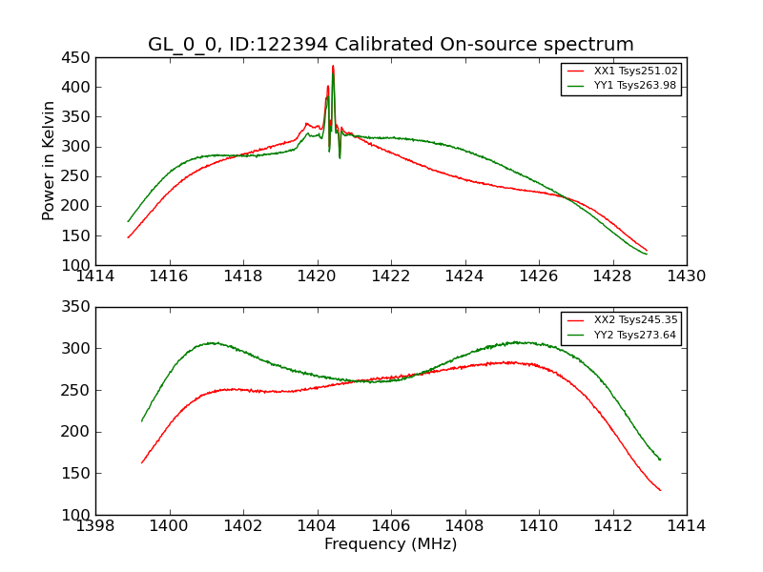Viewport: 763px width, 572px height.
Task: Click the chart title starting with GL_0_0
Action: coord(390,44)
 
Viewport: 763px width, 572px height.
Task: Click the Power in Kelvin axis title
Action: coord(50,161)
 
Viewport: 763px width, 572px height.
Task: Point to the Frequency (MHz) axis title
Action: coord(390,544)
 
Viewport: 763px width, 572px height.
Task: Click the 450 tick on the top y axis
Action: coord(78,57)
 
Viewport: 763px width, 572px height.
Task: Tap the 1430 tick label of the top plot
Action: coord(686,276)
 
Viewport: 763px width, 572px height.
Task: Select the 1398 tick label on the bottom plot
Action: coord(95,526)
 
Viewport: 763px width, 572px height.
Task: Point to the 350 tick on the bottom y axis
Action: coord(78,307)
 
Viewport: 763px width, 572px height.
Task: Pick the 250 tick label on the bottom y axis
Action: coord(78,390)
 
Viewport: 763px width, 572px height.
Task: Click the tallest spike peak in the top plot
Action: coord(333,66)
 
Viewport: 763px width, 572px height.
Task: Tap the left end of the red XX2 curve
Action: coord(142,462)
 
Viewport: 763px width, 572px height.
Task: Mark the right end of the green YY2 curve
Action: coord(659,460)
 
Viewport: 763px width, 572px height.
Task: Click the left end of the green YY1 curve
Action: coord(128,221)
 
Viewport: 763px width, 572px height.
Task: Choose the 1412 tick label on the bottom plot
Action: coord(612,526)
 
